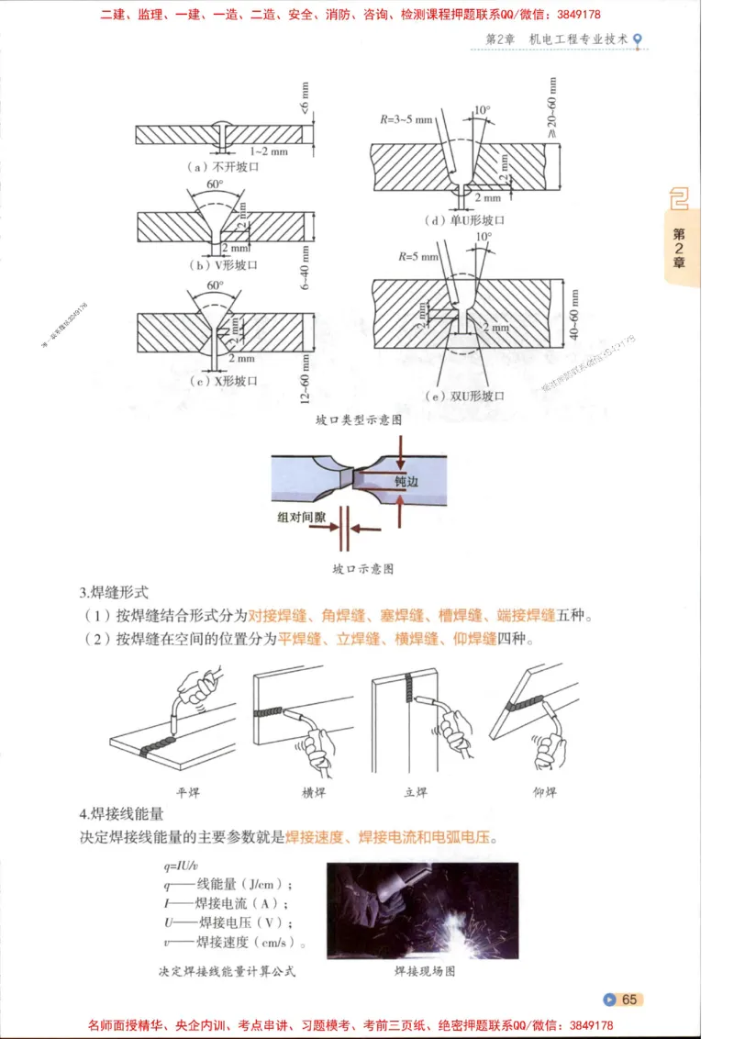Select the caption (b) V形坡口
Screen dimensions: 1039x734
pos(223,264)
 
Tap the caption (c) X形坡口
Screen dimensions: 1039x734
pos(222,380)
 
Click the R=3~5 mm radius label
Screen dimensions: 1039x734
pos(406,119)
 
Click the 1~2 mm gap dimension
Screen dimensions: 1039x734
pos(268,151)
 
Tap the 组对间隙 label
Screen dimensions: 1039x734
pos(302,518)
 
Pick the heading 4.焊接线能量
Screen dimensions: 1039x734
pos(121,813)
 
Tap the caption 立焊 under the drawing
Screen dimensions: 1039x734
pos(416,792)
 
